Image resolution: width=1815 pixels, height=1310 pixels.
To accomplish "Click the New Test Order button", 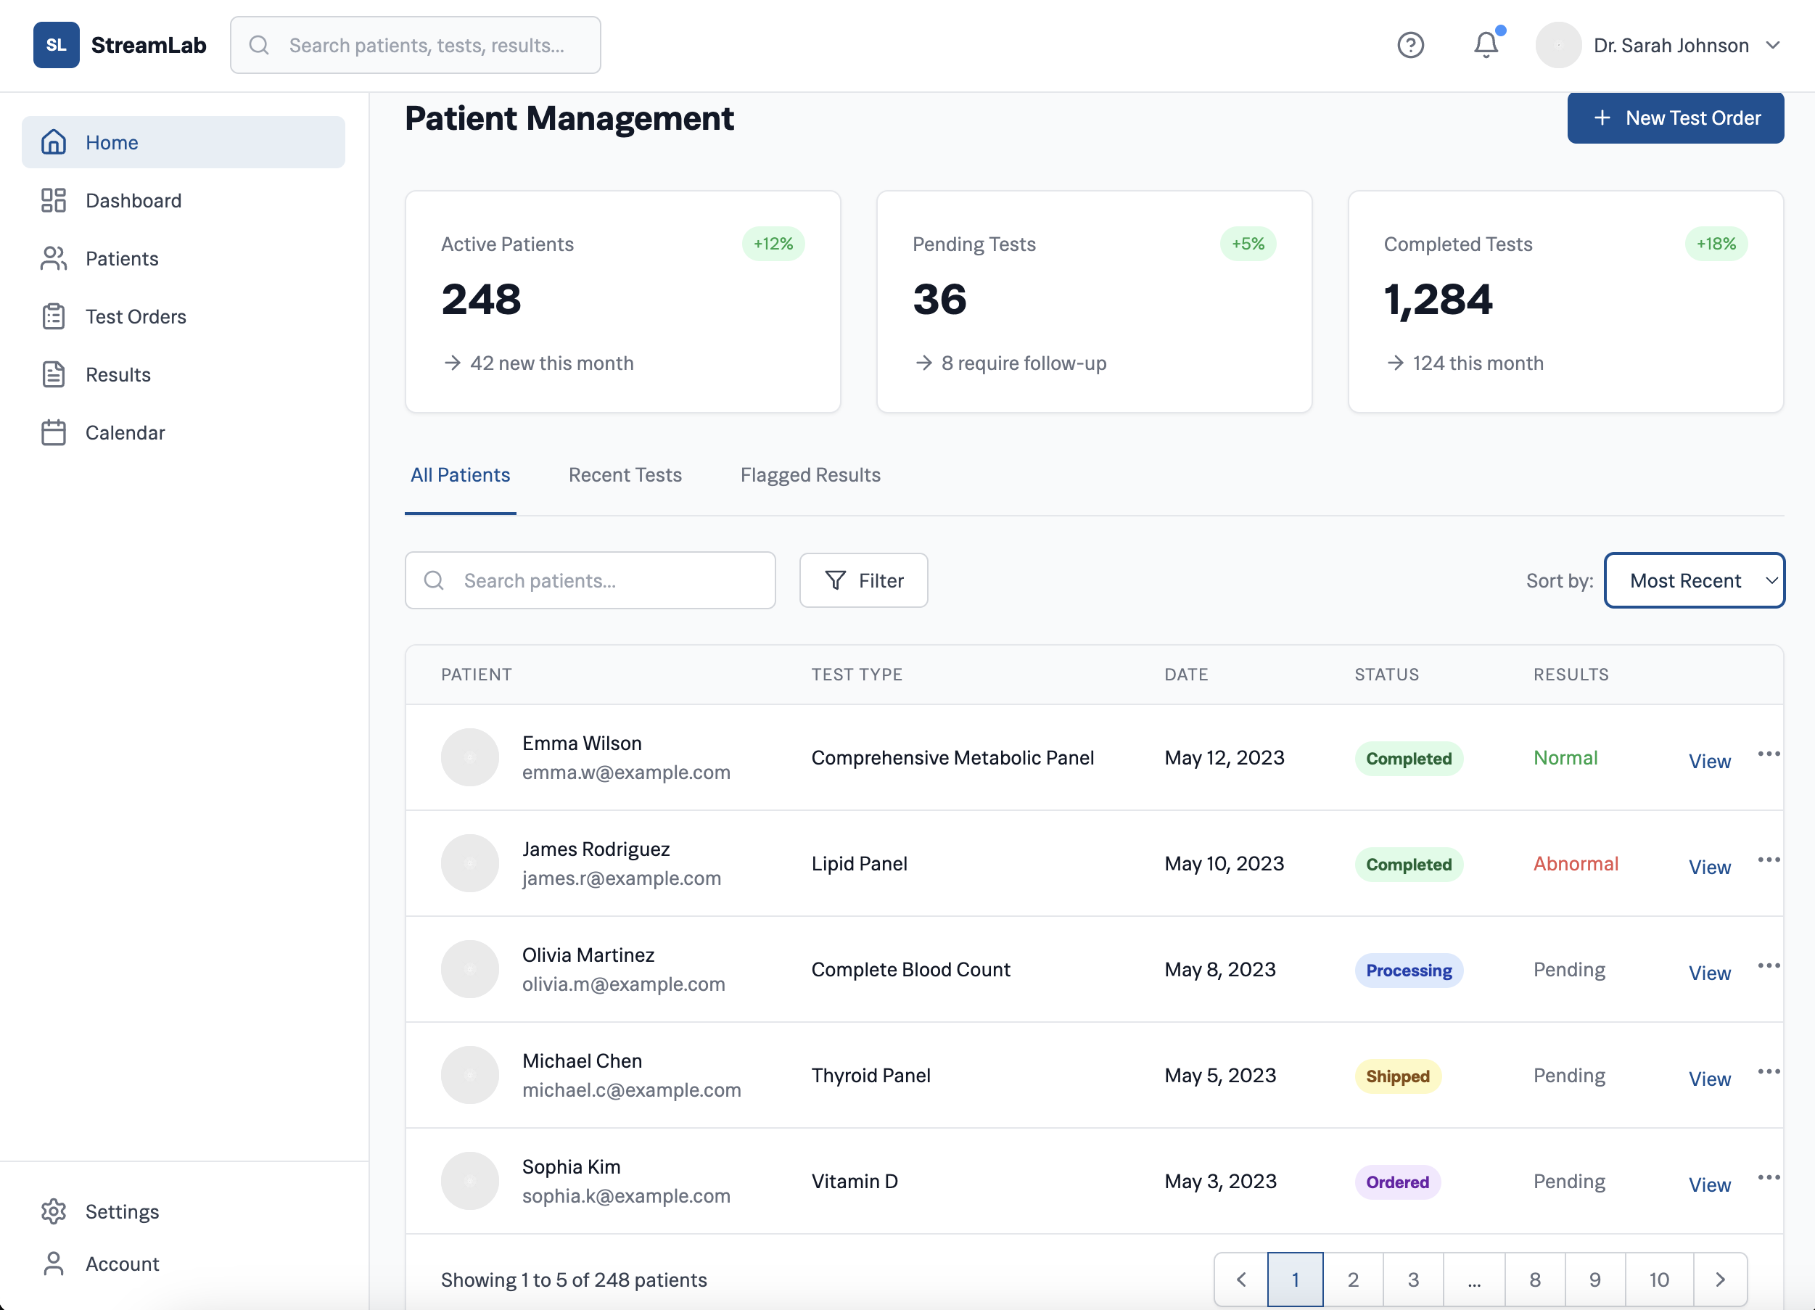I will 1675,118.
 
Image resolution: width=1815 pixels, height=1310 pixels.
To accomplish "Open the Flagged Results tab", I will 810,475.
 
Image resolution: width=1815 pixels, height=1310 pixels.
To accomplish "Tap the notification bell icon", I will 1485,45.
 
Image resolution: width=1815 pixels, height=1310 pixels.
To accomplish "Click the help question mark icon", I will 1410,45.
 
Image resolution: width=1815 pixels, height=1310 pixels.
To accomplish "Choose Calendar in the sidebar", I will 125,433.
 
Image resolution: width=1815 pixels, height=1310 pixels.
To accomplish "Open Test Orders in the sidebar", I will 135,317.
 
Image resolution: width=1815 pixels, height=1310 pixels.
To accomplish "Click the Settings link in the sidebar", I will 122,1211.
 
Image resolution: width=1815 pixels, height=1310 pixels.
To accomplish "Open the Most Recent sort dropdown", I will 1694,580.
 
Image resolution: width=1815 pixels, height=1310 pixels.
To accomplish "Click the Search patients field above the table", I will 590,580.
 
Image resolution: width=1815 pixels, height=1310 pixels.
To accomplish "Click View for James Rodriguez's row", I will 1709,867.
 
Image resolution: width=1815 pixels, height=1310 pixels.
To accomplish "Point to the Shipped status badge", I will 1397,1076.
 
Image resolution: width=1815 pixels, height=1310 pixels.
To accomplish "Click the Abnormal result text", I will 1575,863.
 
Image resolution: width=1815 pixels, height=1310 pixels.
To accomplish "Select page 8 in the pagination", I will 1534,1280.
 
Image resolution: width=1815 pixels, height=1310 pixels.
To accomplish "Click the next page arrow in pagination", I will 1720,1280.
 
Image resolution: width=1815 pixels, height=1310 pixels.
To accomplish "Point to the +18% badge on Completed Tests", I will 1716,244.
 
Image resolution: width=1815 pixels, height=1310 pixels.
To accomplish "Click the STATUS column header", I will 1386,675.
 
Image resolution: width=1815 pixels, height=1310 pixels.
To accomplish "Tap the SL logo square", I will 56,45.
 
